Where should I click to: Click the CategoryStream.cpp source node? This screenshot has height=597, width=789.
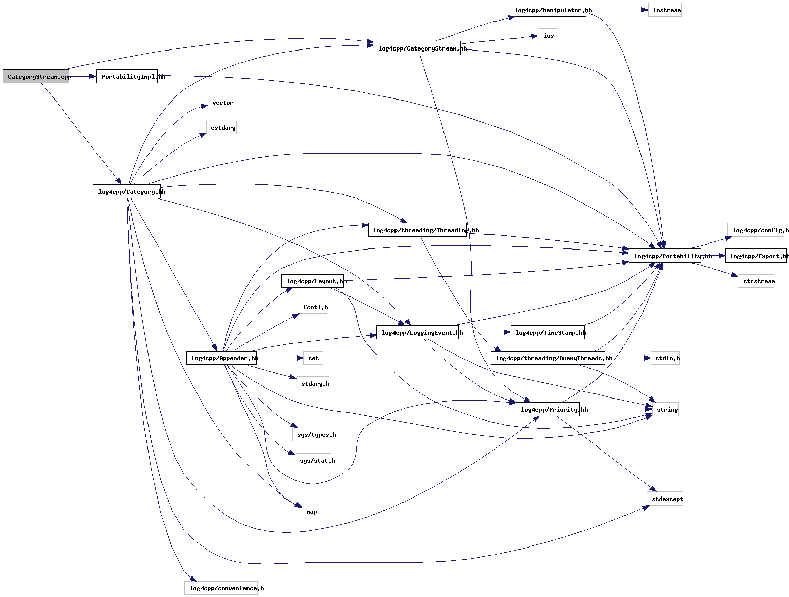pos(36,77)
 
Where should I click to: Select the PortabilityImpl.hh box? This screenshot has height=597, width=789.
pos(127,77)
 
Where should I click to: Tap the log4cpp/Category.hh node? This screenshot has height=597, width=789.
pos(127,192)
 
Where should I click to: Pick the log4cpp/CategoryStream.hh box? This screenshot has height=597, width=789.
pos(417,48)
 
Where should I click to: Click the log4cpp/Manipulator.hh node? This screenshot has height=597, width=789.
pos(548,10)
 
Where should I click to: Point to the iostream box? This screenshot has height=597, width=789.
pos(665,10)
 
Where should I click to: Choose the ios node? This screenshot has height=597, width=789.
pos(548,36)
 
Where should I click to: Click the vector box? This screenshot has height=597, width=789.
pos(221,103)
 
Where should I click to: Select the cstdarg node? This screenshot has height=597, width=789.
pos(221,128)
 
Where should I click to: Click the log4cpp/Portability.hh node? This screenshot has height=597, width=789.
pos(665,256)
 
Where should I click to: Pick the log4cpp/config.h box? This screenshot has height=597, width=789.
pos(756,230)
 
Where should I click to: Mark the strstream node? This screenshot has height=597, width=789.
pos(756,281)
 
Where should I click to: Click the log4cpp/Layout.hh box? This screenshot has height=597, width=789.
pos(313,281)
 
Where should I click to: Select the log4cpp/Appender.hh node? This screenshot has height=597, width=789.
pos(221,358)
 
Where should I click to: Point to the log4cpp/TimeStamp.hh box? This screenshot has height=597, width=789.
pos(548,332)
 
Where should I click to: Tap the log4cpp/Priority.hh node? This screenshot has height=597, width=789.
pos(548,409)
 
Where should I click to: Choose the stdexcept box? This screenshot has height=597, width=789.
pos(665,499)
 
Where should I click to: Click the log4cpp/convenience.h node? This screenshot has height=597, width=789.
pos(221,588)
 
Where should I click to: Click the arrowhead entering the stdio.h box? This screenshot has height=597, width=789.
pos(648,358)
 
